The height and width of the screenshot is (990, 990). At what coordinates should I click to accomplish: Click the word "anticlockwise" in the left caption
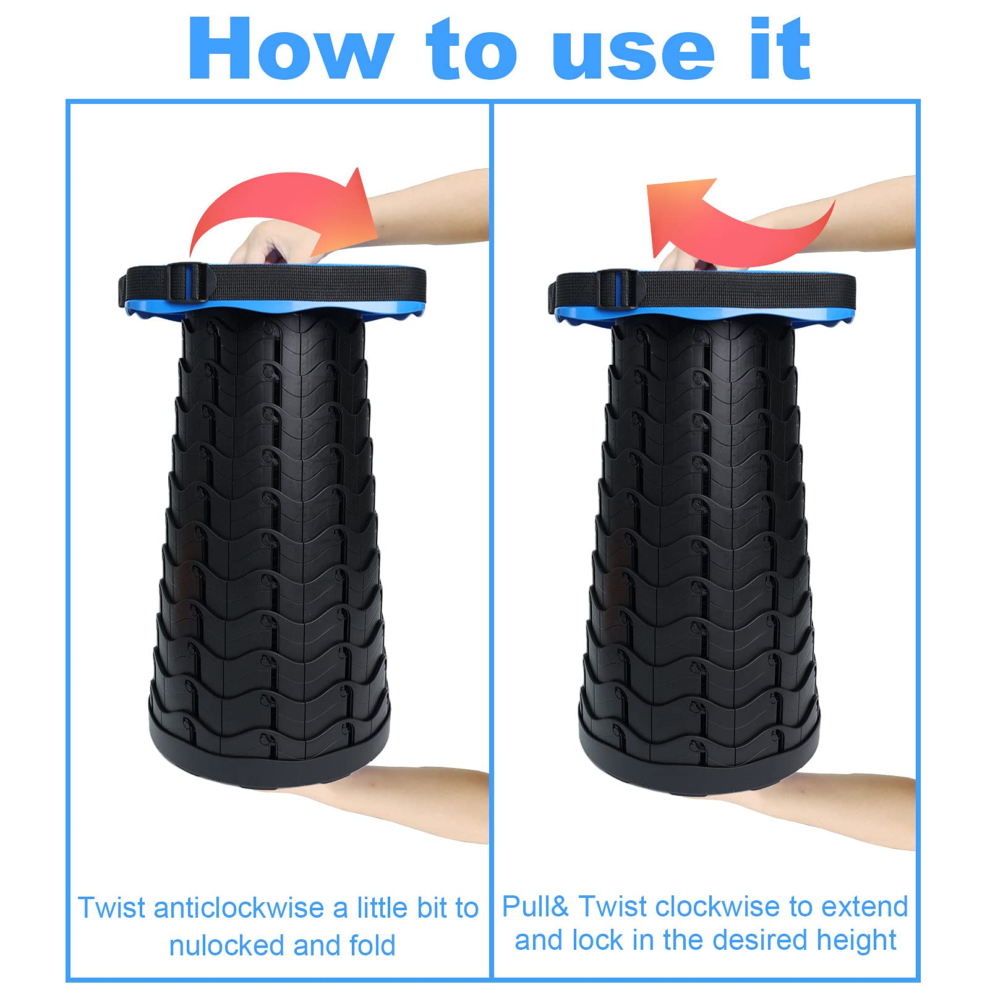[241, 908]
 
